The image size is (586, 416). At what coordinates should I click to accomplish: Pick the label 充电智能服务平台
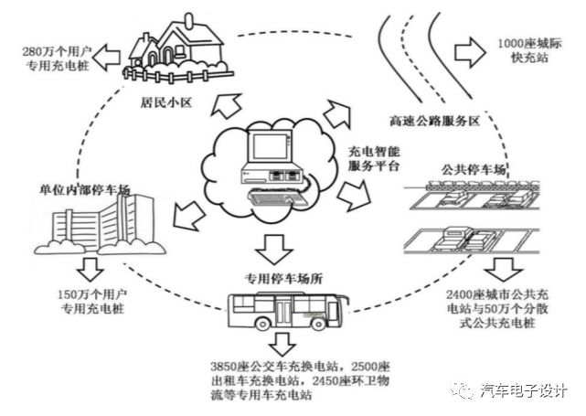(376, 159)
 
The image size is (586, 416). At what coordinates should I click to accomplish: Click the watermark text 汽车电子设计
(524, 389)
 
